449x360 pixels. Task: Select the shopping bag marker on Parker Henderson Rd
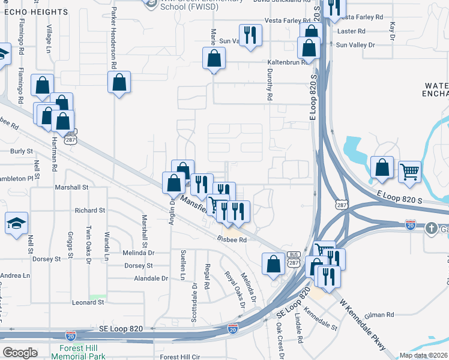[x=119, y=82]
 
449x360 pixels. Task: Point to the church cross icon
[x=431, y=229]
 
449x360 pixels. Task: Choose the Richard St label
[x=90, y=211]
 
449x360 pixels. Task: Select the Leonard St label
[x=88, y=302]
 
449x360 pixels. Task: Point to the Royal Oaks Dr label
[x=235, y=289]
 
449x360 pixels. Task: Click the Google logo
[x=20, y=353]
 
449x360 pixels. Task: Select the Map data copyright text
[x=424, y=355]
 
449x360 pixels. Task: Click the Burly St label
[x=22, y=151]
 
